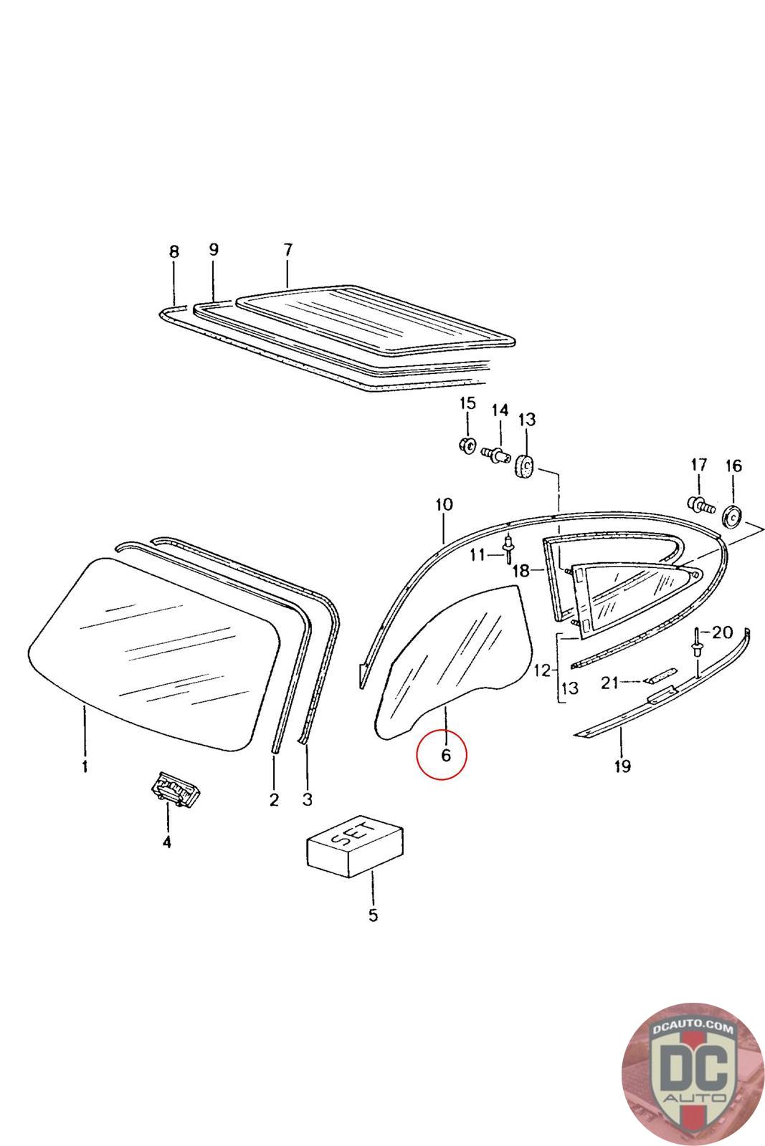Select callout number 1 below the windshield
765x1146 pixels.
85,767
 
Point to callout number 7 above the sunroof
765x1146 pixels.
288,250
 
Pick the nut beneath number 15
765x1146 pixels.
467,445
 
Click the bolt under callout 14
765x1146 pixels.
495,454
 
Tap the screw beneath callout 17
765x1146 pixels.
699,505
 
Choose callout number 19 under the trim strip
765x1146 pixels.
622,766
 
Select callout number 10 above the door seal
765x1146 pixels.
444,504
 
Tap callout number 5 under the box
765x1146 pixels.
373,915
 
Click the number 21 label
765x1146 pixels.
609,683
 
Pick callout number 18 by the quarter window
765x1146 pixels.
521,571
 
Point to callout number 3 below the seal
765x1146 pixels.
307,799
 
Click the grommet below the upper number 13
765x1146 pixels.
526,466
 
